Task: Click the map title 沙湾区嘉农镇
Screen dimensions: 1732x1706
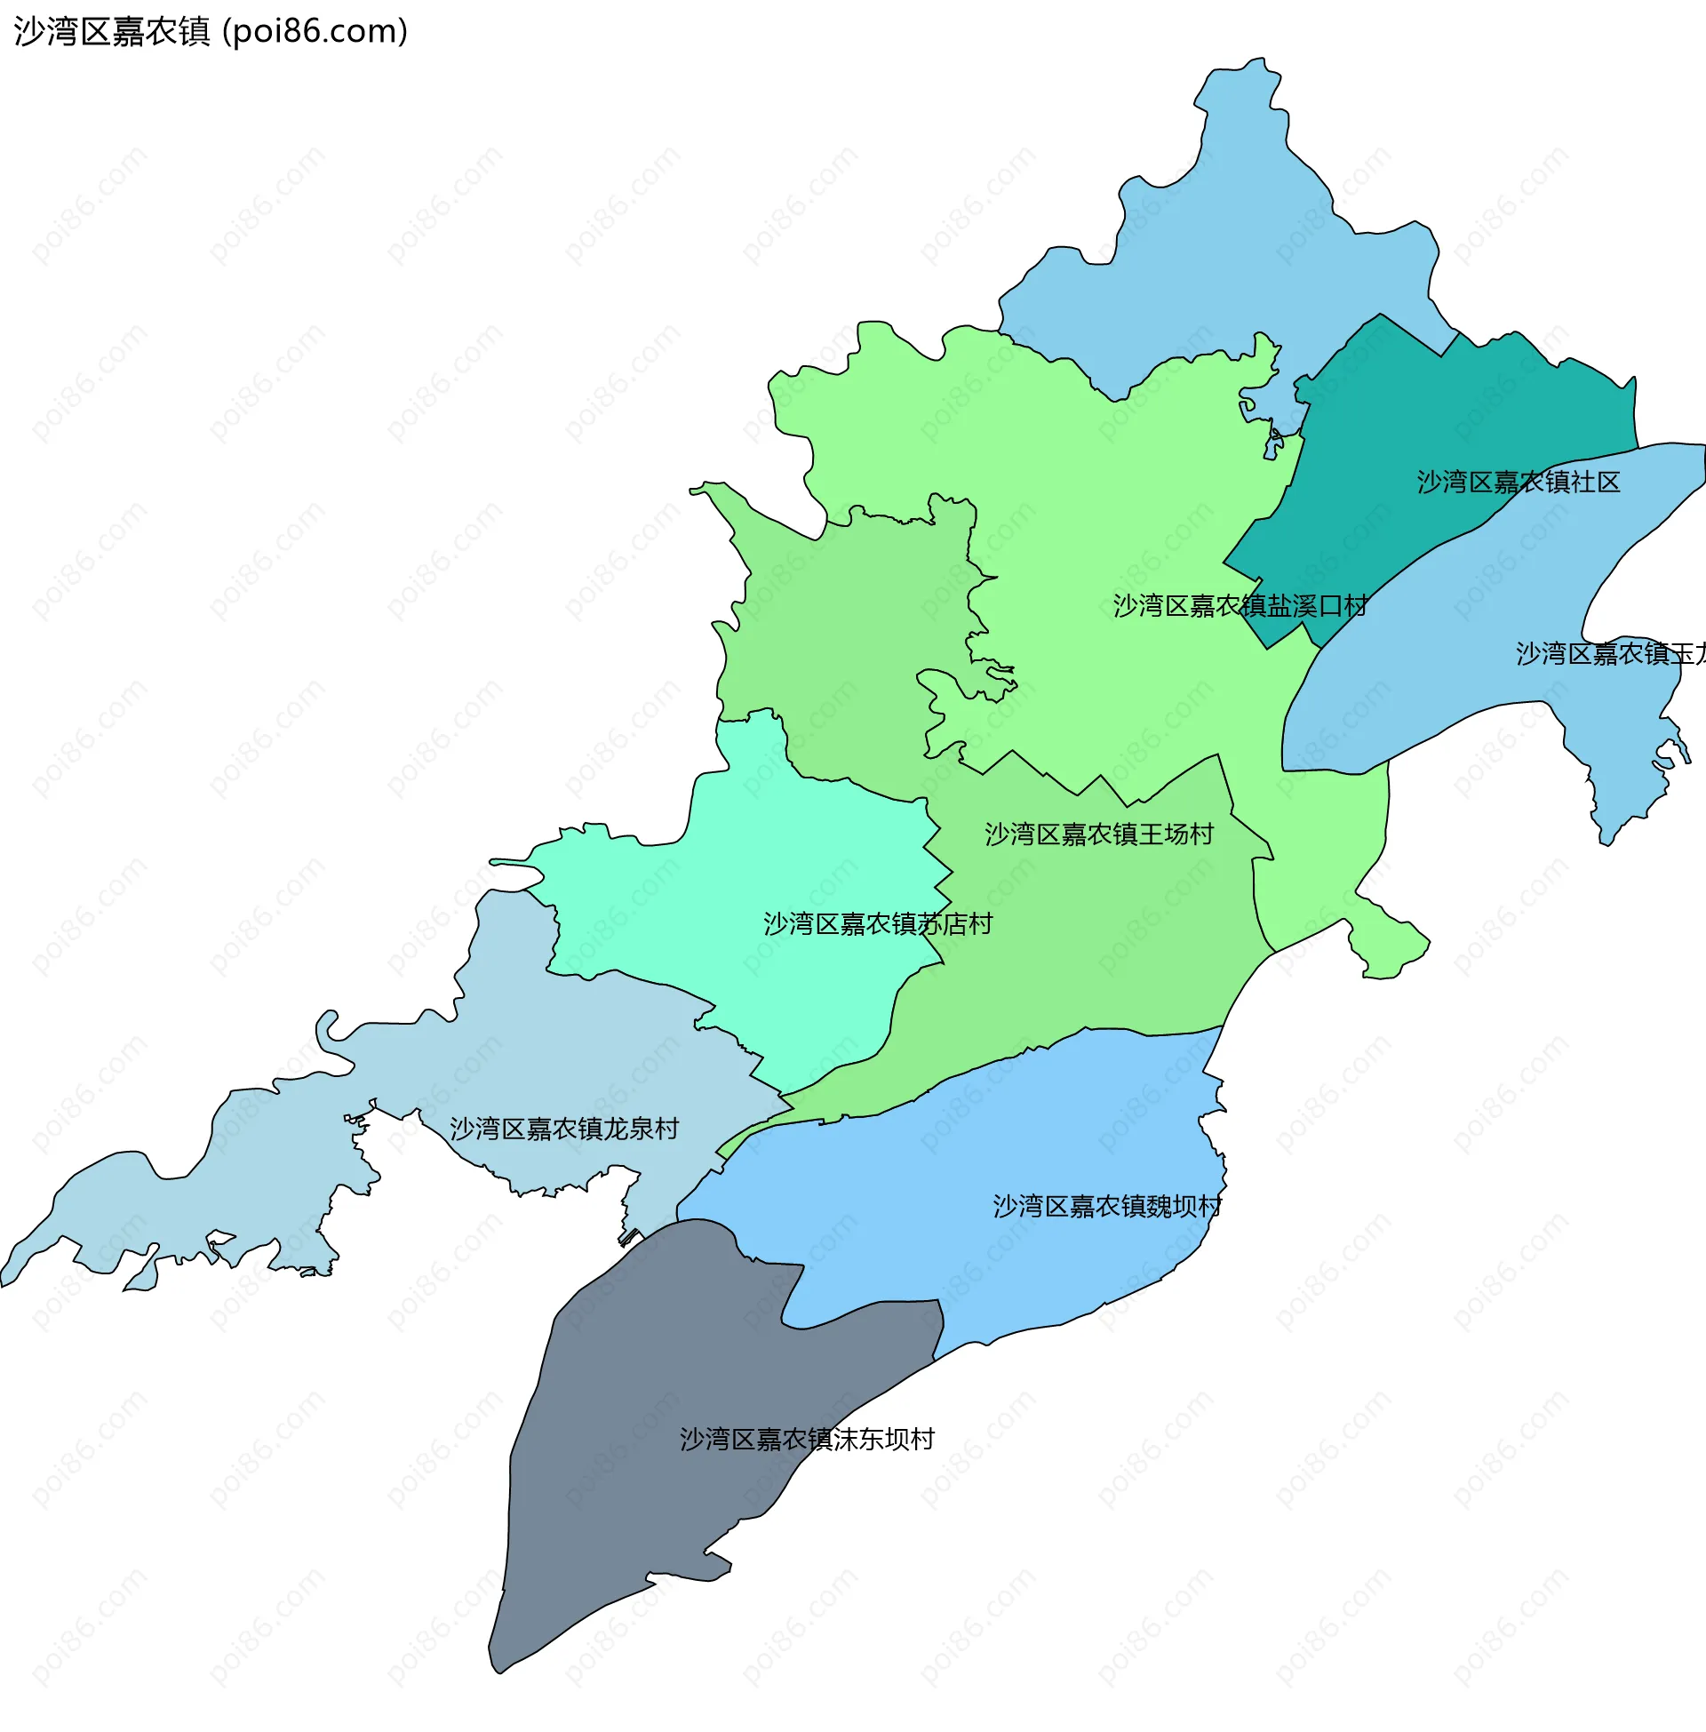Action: (112, 31)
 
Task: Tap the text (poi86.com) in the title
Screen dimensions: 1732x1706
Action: (315, 31)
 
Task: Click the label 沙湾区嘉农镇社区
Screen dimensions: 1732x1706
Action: (1518, 482)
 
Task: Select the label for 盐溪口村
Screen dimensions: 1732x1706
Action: (1240, 606)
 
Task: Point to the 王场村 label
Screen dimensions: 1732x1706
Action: (1098, 834)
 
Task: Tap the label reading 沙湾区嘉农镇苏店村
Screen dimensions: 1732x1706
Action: (877, 924)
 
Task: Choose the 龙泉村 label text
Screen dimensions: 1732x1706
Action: (563, 1128)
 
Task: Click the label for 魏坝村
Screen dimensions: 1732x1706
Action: (1106, 1206)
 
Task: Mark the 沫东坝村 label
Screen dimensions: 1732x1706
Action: (807, 1439)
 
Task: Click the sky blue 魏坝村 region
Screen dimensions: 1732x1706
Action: (985, 1255)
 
